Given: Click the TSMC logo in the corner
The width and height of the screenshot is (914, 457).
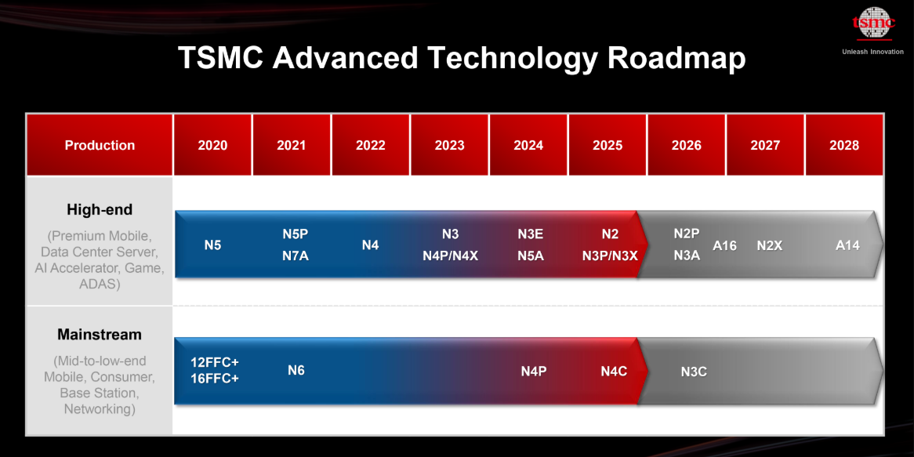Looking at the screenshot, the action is (x=873, y=24).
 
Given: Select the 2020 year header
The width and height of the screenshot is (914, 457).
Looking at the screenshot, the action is (x=212, y=145).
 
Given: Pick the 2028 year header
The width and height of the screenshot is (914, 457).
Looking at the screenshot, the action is (x=844, y=145).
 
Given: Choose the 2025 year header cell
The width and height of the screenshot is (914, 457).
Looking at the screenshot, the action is (x=608, y=145).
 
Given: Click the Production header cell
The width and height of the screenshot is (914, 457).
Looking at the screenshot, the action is (x=100, y=145).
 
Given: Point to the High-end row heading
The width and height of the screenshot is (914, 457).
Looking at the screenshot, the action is (x=100, y=209).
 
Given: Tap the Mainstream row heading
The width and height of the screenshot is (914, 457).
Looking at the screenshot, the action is (x=100, y=335).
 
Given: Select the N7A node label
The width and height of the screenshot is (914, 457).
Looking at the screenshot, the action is (x=295, y=256).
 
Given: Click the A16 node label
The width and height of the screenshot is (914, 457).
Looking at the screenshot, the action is (x=724, y=246).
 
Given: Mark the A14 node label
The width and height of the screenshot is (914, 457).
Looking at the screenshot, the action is (x=847, y=246).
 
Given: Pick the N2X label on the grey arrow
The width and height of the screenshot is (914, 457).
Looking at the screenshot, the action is (x=770, y=246).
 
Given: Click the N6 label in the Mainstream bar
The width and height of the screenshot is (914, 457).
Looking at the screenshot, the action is (x=296, y=370).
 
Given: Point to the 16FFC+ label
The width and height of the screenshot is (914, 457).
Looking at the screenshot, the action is (x=215, y=378).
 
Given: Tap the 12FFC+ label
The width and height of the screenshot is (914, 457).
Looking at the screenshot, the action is (x=215, y=362).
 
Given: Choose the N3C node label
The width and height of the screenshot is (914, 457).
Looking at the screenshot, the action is (x=694, y=372).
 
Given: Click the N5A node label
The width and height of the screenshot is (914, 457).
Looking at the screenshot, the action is (x=531, y=256).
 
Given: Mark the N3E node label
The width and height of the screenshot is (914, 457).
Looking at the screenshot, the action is (x=531, y=234).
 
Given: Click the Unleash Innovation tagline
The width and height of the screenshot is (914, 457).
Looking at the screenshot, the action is (x=872, y=51).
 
